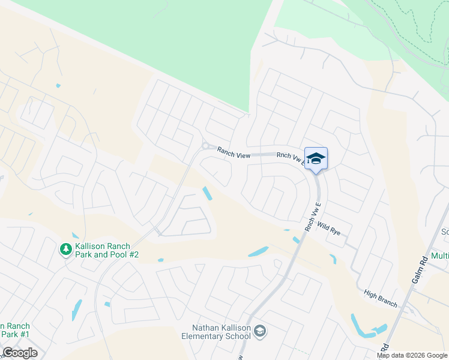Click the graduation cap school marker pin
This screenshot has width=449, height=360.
316,159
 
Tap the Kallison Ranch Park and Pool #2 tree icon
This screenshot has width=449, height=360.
65,248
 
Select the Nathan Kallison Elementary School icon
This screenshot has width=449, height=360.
259,331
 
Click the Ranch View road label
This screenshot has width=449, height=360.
234,151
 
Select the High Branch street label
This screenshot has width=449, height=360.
380,298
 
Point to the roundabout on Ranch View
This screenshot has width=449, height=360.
205,145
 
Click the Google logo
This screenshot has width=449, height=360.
20,353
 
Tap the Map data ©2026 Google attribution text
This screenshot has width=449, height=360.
412,355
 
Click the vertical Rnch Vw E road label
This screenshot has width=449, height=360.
312,217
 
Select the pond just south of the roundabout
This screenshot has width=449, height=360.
207,194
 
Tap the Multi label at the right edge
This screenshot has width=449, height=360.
439,256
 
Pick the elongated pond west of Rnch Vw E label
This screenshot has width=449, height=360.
258,251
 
